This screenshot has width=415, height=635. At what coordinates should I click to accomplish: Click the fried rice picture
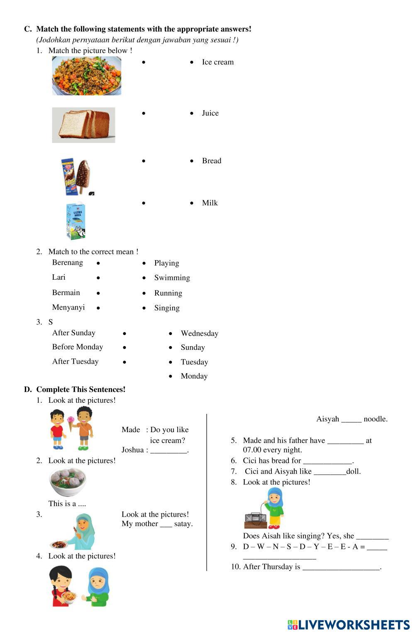[x=86, y=76]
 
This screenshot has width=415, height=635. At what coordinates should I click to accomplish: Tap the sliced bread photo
[x=83, y=125]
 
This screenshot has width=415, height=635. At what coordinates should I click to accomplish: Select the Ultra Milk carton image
[x=76, y=221]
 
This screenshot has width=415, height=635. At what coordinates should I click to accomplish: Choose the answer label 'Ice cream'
[x=217, y=62]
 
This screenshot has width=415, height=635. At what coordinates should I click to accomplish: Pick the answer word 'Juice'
[x=210, y=113]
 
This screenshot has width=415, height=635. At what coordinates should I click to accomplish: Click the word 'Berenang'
[x=67, y=263]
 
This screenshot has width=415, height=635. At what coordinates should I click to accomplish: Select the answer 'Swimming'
[x=172, y=278]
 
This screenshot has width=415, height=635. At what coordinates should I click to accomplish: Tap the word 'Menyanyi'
[x=68, y=308]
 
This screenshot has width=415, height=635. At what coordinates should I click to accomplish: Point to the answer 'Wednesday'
[x=199, y=333]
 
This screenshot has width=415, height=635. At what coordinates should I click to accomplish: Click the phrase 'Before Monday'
[x=77, y=347]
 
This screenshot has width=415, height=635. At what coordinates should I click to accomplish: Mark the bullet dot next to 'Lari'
[x=98, y=278]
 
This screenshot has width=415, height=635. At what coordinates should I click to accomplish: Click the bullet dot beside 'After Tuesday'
[x=124, y=362]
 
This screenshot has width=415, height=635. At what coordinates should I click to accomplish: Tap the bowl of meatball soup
[x=67, y=482]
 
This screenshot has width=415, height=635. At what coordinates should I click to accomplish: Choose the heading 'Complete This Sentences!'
[x=81, y=389]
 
